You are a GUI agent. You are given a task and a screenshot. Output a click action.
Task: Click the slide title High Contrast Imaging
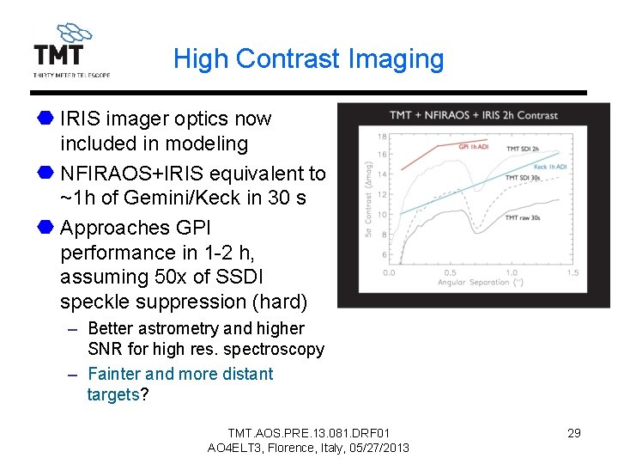(x=308, y=58)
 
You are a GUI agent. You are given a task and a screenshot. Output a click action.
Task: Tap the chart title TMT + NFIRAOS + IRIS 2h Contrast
(x=473, y=115)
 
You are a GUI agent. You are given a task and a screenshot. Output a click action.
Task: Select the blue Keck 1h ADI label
(x=551, y=167)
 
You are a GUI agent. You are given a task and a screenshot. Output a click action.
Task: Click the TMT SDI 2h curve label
(x=524, y=150)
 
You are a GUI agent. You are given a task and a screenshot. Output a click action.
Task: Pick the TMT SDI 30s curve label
(x=524, y=178)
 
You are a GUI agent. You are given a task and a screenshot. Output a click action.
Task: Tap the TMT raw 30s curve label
(x=524, y=217)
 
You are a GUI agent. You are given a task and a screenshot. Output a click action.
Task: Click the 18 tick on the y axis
(x=382, y=137)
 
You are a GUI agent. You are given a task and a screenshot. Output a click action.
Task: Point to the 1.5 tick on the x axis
(x=572, y=273)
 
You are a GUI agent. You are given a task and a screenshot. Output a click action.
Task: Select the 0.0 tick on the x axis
(x=389, y=273)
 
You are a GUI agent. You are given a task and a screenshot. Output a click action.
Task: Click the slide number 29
(x=574, y=433)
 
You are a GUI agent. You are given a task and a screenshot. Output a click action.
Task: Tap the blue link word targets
(x=112, y=395)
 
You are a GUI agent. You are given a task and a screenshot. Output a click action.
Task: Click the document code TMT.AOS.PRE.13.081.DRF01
(x=308, y=433)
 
